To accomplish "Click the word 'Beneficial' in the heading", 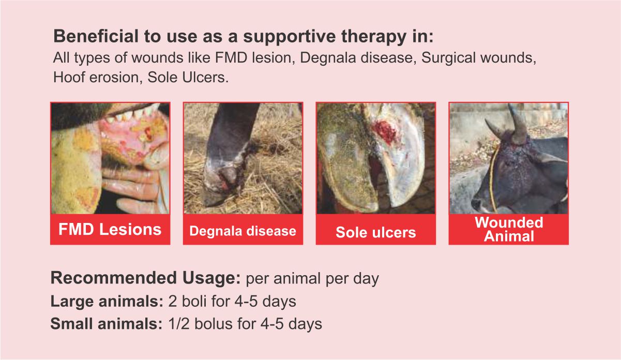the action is pyautogui.click(x=96, y=36).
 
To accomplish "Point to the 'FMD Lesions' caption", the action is pyautogui.click(x=110, y=229).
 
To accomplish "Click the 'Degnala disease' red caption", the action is pyautogui.click(x=243, y=231).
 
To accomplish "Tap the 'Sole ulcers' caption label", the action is pyautogui.click(x=375, y=232).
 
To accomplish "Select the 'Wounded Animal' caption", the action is pyautogui.click(x=509, y=229).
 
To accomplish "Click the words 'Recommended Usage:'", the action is pyautogui.click(x=145, y=278).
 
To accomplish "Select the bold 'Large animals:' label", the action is pyautogui.click(x=107, y=302).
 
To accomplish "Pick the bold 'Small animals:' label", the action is pyautogui.click(x=106, y=324).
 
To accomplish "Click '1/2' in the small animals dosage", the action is pyautogui.click(x=179, y=324).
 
